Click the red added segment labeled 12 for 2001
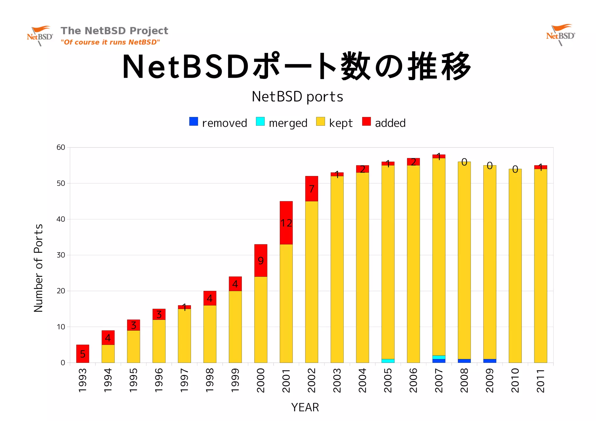pyautogui.click(x=286, y=223)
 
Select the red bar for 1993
pyautogui.click(x=83, y=354)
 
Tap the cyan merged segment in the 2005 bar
pyautogui.click(x=388, y=361)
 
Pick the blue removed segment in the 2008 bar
pyautogui.click(x=464, y=361)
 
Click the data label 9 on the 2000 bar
pyautogui.click(x=261, y=260)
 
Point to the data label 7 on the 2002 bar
pyautogui.click(x=312, y=189)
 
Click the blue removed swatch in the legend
pyautogui.click(x=194, y=121)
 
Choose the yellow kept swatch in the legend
pyautogui.click(x=320, y=121)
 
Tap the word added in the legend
pyautogui.click(x=390, y=123)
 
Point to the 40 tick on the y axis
pyautogui.click(x=61, y=219)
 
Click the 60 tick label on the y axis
pyautogui.click(x=61, y=147)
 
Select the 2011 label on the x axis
pyautogui.click(x=540, y=381)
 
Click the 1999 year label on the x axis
pyautogui.click(x=235, y=381)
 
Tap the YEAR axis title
pyautogui.click(x=305, y=407)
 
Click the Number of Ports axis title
pyautogui.click(x=38, y=268)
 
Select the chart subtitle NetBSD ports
pyautogui.click(x=297, y=97)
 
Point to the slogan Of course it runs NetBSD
pyautogui.click(x=110, y=42)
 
